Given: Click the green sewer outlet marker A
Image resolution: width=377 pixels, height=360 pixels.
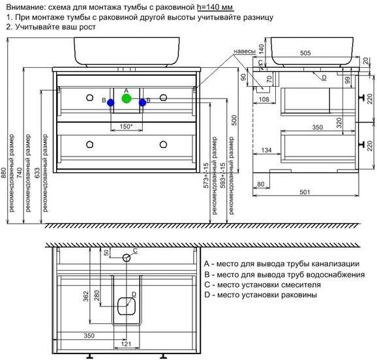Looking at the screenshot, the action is tap(127, 98).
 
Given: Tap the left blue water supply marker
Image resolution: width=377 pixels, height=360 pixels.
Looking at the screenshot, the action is tap(111, 102).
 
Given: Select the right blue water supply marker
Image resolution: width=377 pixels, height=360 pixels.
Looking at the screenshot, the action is tap(142, 102).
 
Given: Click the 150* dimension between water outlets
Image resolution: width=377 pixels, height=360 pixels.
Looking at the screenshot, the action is tap(126, 127).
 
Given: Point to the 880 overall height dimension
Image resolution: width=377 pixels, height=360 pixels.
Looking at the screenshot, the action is tap(4, 173).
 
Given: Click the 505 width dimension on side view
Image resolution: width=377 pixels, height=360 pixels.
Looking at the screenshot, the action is tap(305, 53).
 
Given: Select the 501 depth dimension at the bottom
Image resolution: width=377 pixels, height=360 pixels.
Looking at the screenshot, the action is tap(305, 192).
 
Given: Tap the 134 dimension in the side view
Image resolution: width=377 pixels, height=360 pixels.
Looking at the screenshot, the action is tap(266, 150).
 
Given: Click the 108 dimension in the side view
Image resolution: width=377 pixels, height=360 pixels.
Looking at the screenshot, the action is tap(264, 99).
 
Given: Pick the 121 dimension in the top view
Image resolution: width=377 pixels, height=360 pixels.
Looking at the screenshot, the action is tap(126, 344).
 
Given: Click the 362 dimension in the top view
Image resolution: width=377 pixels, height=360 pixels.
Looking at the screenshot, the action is tap(86, 296).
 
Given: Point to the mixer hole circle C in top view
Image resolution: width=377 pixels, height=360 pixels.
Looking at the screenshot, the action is tap(127, 258).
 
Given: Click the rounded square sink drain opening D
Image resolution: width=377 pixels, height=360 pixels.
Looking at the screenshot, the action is tap(127, 306).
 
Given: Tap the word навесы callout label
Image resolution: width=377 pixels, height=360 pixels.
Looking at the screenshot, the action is tap(245, 52).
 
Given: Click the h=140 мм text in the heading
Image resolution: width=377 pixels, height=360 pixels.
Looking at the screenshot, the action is tap(215, 7).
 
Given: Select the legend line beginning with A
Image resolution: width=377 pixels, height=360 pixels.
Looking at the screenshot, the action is tap(282, 264).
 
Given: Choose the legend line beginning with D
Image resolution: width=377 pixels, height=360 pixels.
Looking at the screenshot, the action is tap(260, 295).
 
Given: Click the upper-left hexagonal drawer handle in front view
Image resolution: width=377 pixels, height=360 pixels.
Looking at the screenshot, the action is tap(89, 98).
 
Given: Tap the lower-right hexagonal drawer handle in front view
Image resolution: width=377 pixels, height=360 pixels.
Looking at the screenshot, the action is tap(163, 144).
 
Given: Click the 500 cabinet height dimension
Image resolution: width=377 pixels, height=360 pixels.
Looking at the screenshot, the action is tap(234, 120).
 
